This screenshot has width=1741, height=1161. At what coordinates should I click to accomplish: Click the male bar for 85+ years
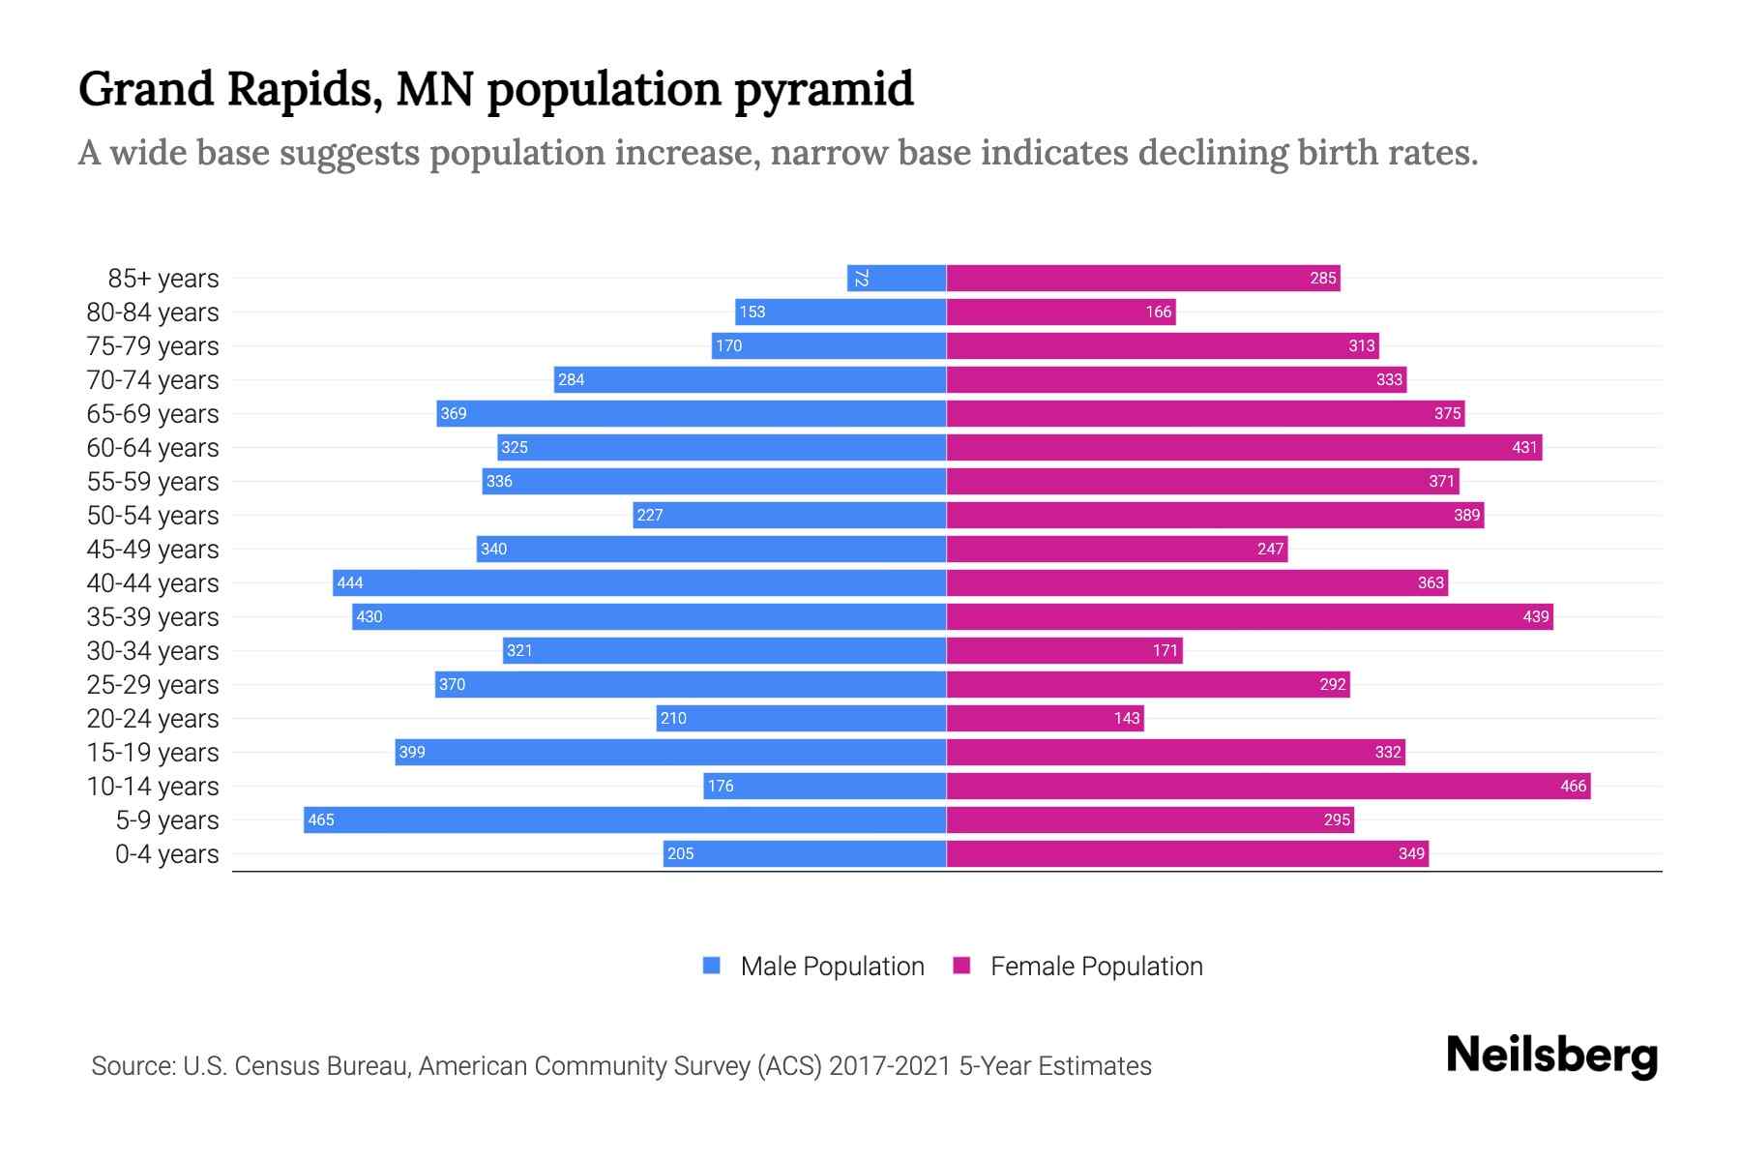coord(897,279)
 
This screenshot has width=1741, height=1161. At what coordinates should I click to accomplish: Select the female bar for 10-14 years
coord(1267,786)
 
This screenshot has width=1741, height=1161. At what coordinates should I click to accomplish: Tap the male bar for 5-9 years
coord(625,819)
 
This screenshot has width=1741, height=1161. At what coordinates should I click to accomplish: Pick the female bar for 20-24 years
coord(1045,718)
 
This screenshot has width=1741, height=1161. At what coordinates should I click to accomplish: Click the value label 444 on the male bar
coord(350,582)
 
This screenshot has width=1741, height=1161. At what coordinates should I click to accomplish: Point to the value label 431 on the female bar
coord(1524,447)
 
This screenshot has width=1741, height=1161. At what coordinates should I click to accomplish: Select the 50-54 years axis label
coord(153,515)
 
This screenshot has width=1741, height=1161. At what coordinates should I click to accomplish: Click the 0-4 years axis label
coord(166,853)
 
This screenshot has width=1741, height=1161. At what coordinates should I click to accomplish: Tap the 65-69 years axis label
coord(153,413)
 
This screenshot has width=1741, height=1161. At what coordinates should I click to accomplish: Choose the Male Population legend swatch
coord(712,966)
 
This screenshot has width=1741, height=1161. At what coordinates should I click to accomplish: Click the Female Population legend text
coord(1096,966)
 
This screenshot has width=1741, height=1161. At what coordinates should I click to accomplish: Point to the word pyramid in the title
coord(823,90)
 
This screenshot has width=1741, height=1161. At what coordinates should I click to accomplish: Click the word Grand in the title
coord(146,89)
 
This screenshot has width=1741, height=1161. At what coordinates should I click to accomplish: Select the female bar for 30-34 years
coord(1064,650)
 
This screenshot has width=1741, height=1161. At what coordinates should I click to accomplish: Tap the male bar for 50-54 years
coord(789,515)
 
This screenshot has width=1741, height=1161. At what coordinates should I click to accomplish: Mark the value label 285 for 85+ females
coord(1322,279)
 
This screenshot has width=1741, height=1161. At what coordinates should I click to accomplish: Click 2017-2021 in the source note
coord(889,1065)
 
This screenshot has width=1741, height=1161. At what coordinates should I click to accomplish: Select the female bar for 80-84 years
coord(1060,312)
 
